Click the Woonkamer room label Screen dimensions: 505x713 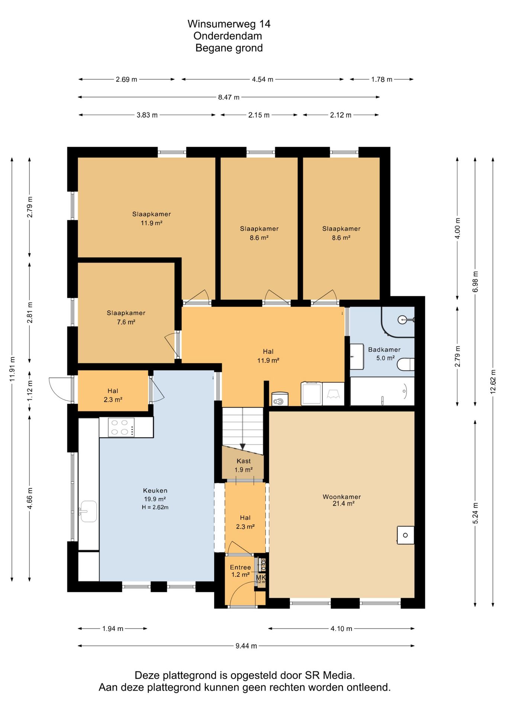[342, 497]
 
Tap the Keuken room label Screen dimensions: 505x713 [155, 491]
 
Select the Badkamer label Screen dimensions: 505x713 [384, 349]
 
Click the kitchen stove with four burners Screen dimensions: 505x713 [121, 427]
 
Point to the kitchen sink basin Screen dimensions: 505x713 [89, 511]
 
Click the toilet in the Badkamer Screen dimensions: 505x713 [406, 364]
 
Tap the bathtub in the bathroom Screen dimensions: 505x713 [382, 391]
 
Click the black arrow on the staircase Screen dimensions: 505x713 [243, 447]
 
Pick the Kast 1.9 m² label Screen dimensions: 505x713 [244, 465]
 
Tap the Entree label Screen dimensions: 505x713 [240, 567]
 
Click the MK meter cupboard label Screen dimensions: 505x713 [261, 577]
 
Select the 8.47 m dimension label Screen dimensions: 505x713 [229, 97]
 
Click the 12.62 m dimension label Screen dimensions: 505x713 [493, 381]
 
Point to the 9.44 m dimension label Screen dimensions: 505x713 [246, 646]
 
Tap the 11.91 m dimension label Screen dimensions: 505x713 [12, 369]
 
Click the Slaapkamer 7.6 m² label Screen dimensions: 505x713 [126, 318]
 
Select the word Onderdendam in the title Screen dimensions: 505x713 [228, 36]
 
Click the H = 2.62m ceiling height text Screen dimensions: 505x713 [155, 507]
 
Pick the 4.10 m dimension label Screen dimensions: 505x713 [341, 629]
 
